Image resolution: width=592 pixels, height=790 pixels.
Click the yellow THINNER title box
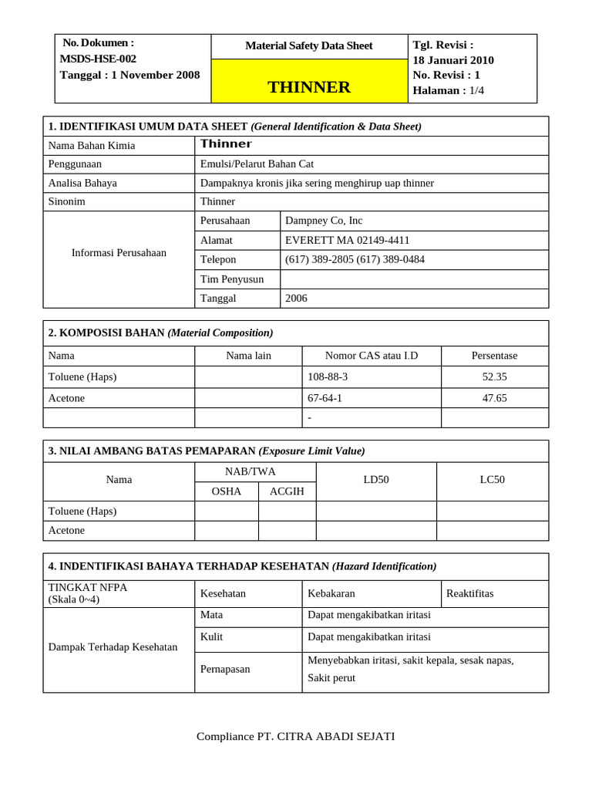coord(309,82)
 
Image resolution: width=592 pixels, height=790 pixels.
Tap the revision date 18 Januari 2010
coord(453,60)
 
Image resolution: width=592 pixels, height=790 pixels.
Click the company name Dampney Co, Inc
coord(324,220)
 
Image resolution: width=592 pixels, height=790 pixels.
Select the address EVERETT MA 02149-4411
coord(347,240)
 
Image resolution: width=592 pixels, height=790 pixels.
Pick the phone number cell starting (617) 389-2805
coord(355,259)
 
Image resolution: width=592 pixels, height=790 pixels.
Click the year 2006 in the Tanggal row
coord(296,298)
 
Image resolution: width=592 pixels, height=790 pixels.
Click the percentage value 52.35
coord(494,377)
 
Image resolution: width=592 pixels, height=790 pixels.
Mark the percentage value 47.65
coord(494,398)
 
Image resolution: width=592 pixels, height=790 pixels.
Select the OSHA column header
coord(226,491)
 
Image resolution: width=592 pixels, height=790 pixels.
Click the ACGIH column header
coord(287,491)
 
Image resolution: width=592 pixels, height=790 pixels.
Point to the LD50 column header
coord(376,480)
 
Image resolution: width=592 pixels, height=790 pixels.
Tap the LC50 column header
coord(492,480)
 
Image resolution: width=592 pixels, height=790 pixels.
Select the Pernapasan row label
coord(225,669)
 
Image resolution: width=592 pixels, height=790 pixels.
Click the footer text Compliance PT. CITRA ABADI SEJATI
coord(295,736)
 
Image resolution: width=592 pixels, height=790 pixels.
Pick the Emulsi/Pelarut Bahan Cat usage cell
coord(257,164)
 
